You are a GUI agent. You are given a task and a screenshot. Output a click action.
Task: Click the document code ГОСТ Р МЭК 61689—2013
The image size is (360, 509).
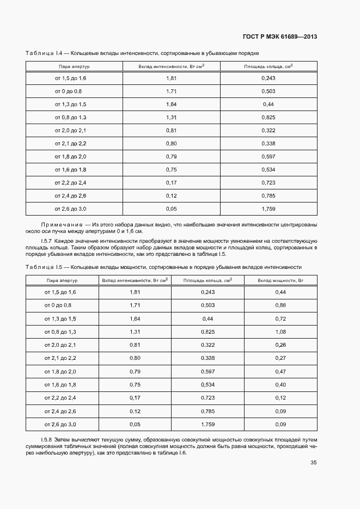coord(279,37)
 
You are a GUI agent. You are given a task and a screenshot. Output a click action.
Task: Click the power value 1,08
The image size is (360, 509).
coord(280,332)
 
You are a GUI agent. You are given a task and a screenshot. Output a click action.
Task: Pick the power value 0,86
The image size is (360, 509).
coord(280,305)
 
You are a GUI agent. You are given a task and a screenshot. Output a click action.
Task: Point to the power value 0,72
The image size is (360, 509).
coord(280,318)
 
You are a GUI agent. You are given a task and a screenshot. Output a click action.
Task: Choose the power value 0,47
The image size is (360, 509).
coord(280,371)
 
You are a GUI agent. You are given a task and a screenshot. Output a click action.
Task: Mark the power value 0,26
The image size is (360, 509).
coord(280,345)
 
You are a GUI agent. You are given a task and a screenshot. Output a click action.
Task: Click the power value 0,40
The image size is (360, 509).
coord(280,385)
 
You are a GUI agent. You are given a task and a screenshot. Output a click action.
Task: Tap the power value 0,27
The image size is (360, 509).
coord(280,358)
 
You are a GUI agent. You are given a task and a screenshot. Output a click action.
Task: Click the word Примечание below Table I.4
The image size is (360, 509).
coord(59,224)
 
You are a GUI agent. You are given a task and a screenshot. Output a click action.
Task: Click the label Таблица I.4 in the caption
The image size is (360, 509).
coord(44,53)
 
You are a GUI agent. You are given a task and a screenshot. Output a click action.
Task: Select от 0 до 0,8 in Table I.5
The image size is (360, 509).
coord(60,305)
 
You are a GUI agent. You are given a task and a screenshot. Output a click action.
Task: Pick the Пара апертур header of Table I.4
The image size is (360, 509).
coord(74,66)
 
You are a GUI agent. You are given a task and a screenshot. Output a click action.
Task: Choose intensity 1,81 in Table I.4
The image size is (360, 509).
coord(172,78)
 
